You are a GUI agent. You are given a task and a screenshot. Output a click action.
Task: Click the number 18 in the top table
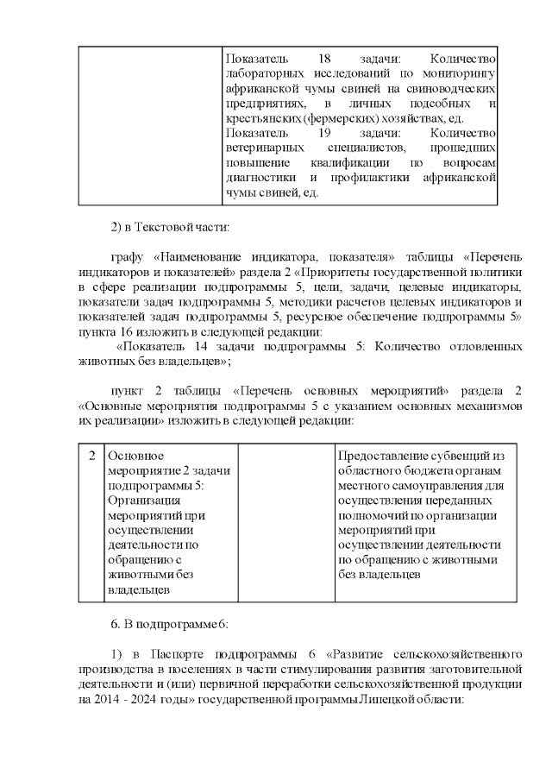click(325, 58)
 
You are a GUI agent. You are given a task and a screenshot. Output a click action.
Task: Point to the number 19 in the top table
click(325, 133)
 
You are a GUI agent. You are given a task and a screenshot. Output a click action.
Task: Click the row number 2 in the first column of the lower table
click(91, 455)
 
